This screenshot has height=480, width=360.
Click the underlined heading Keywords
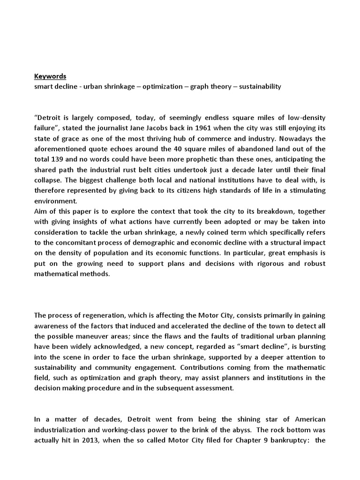[x=50, y=76]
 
